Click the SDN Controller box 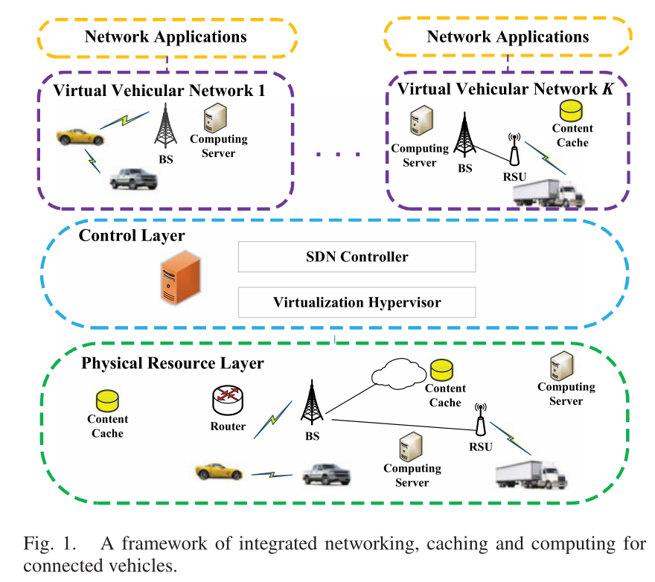point(357,257)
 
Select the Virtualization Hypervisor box point(357,302)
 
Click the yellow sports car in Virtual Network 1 point(79,136)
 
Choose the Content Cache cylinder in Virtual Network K point(572,111)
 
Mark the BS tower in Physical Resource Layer point(312,403)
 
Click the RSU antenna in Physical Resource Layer point(480,421)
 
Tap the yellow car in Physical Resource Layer point(218,471)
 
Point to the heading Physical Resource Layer point(172,363)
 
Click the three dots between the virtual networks point(339,154)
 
